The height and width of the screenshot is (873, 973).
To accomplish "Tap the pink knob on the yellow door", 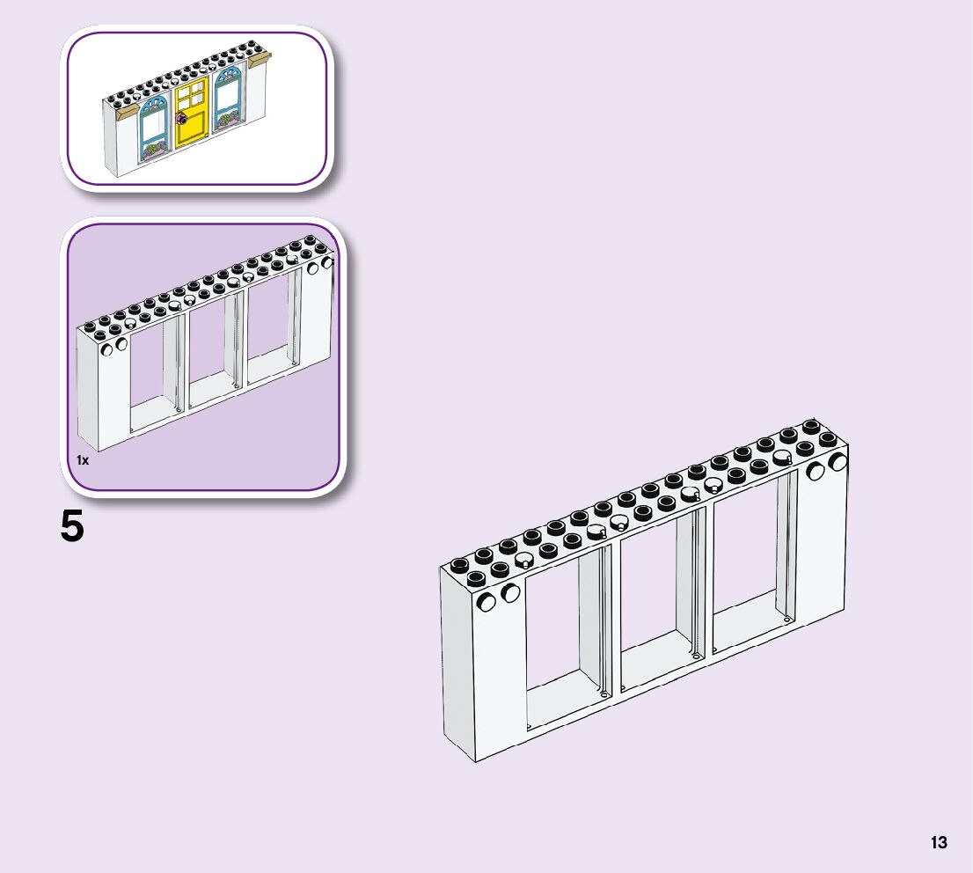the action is (x=181, y=118).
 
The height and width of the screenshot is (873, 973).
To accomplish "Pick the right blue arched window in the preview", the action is (x=227, y=99).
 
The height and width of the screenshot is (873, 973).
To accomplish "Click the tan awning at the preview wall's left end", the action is (x=127, y=111).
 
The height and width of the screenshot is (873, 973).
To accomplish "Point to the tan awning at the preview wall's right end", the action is (x=261, y=60).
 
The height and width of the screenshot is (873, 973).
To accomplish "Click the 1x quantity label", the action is (x=83, y=460).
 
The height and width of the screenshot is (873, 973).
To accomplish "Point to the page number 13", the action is (x=939, y=842).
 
